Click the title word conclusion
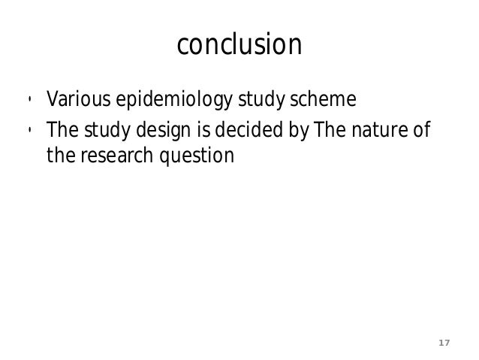(239, 46)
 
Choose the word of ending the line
(421, 133)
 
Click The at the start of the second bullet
(61, 133)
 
